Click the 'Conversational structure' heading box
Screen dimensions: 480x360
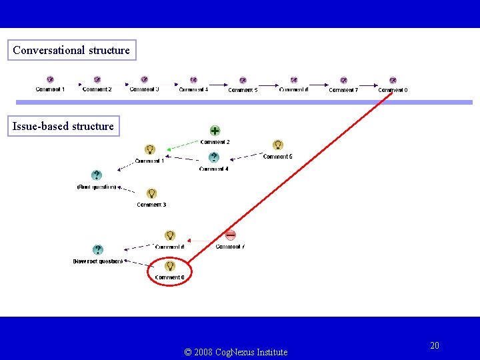click(x=71, y=50)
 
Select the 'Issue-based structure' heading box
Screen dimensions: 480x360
click(x=63, y=126)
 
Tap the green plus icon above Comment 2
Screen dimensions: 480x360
click(x=215, y=131)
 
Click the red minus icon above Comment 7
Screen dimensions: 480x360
click(x=231, y=235)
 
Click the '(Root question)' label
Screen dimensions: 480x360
click(x=97, y=187)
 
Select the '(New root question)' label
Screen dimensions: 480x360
click(x=97, y=261)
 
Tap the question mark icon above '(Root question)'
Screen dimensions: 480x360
click(x=97, y=175)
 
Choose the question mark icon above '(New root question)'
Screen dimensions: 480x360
click(x=98, y=250)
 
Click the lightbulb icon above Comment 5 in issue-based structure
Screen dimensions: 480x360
click(x=278, y=145)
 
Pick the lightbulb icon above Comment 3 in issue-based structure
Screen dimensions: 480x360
click(x=151, y=193)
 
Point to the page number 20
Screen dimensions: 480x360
click(x=435, y=345)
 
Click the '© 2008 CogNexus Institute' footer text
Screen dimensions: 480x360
click(x=236, y=352)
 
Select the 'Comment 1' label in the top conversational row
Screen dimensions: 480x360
click(x=50, y=89)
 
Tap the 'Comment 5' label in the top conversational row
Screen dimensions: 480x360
click(x=243, y=90)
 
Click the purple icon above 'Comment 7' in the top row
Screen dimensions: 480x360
click(x=343, y=80)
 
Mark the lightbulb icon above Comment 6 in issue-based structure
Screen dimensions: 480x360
click(x=170, y=235)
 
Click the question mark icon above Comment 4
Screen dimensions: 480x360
click(x=213, y=158)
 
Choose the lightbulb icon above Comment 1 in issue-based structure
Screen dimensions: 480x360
click(x=149, y=149)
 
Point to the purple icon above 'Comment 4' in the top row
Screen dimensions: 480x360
click(x=193, y=80)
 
